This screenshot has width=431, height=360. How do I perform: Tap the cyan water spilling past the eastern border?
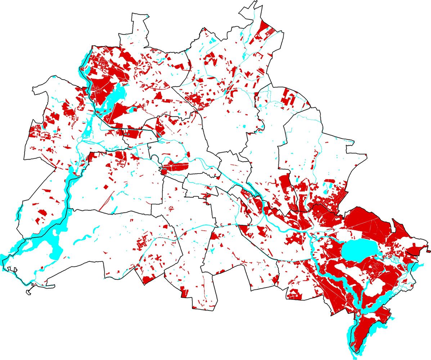click(x=418, y=267)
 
